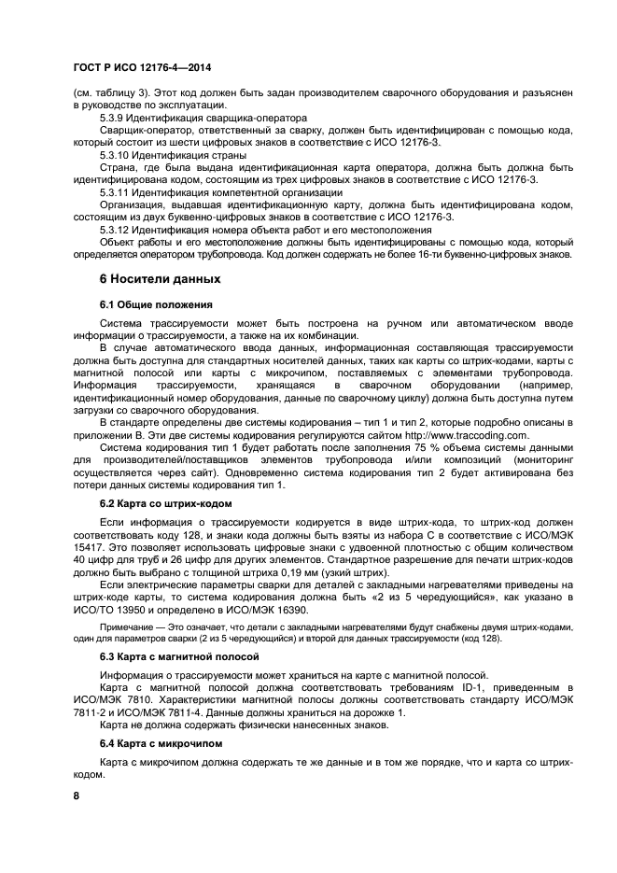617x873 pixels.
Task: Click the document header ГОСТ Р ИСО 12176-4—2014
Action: (141, 69)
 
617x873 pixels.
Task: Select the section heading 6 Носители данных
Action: (160, 279)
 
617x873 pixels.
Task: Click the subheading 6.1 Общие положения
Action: (156, 304)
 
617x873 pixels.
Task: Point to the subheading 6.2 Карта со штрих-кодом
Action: (166, 503)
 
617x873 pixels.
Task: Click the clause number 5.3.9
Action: (115, 119)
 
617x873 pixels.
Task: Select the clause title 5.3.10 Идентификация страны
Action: (173, 155)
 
